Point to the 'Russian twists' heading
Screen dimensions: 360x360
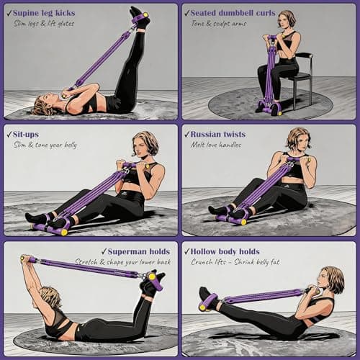click(x=222, y=134)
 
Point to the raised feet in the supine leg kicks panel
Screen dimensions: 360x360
click(x=139, y=16)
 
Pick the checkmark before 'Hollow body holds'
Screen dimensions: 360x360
click(x=186, y=251)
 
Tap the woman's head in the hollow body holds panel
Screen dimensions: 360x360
click(x=332, y=280)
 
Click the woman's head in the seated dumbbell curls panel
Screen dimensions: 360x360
click(x=287, y=19)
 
